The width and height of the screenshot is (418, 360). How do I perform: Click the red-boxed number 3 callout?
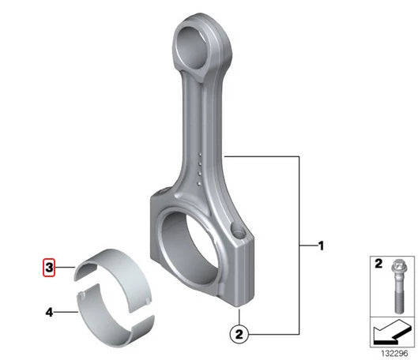pos(49,268)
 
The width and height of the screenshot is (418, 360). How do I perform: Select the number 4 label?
pos(49,312)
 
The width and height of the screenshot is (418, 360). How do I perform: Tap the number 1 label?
pos(322,246)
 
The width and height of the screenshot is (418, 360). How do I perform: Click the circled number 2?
pos(239,334)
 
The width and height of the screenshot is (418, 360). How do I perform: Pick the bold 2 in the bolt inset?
pos(378,264)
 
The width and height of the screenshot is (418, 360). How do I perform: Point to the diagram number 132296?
pos(394,354)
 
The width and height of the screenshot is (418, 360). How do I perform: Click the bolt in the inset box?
pos(398,287)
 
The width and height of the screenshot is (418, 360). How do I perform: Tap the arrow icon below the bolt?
pos(392,332)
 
